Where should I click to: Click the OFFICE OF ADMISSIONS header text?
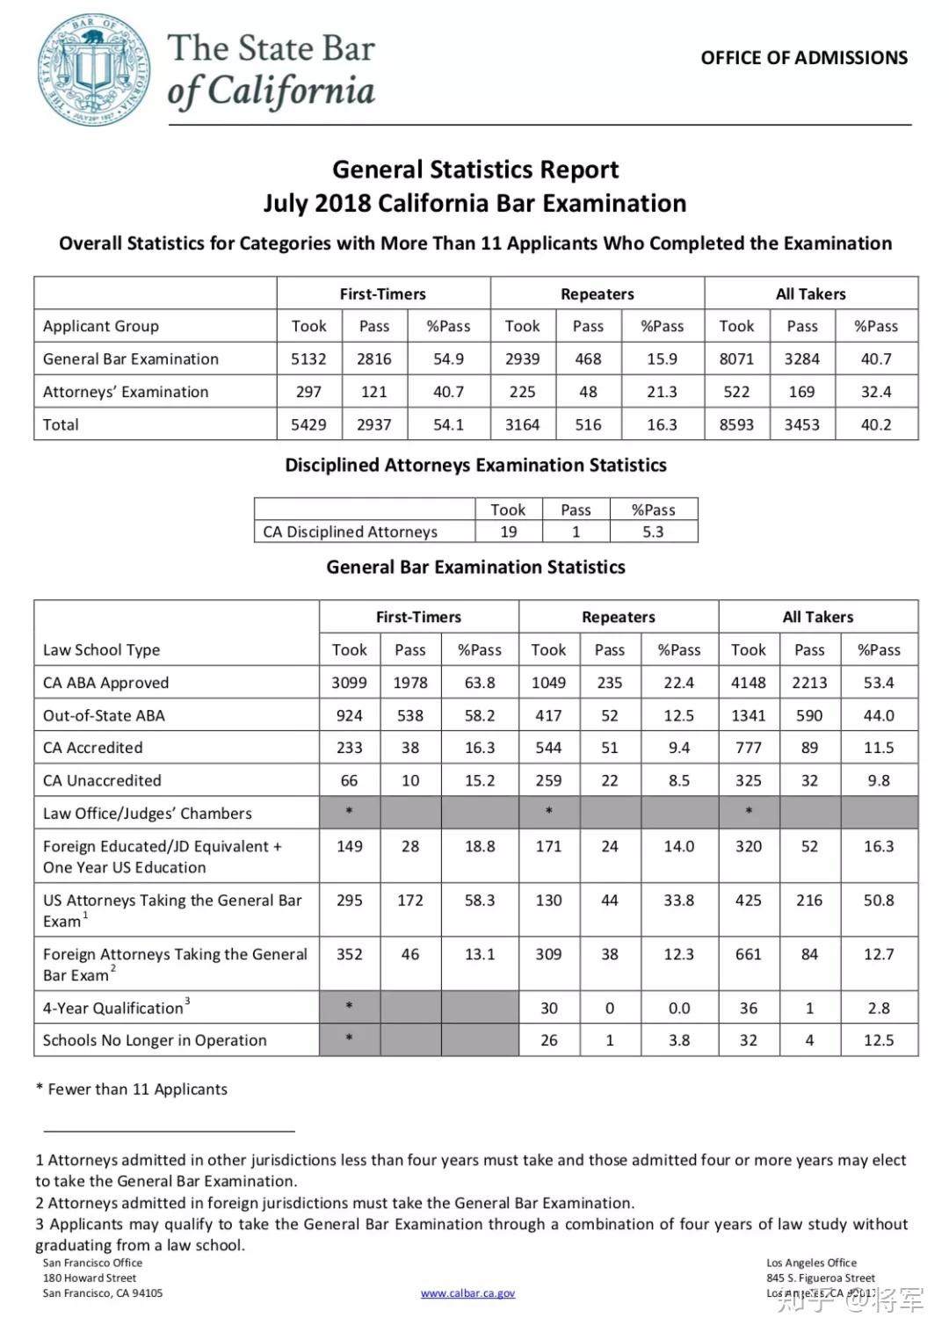click(804, 58)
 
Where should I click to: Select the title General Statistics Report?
click(474, 170)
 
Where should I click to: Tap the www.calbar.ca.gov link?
click(467, 1293)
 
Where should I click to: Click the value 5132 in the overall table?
click(308, 359)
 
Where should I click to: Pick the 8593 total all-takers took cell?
click(736, 425)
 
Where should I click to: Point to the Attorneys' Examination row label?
click(126, 392)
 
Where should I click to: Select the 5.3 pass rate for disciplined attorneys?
click(653, 532)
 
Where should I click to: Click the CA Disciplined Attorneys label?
click(350, 532)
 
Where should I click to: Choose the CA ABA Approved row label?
click(105, 683)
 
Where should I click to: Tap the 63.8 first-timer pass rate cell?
click(480, 683)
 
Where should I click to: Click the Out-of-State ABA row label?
click(104, 715)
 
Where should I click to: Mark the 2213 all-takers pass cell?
click(809, 683)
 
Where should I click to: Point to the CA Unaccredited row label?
click(102, 780)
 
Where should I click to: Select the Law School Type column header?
click(101, 650)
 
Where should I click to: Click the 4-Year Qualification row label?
click(113, 1008)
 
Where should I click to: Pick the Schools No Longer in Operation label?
click(155, 1040)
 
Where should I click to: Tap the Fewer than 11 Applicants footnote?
click(132, 1089)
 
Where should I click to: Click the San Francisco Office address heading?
click(92, 1263)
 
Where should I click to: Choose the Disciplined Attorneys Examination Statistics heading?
click(475, 466)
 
